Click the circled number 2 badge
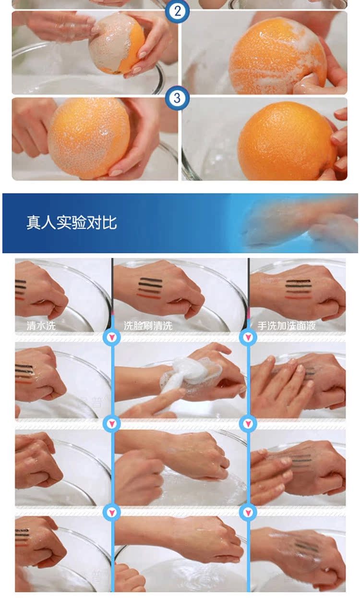click(177, 12)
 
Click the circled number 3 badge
click(177, 98)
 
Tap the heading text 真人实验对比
click(72, 223)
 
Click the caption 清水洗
click(41, 326)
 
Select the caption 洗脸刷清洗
click(148, 326)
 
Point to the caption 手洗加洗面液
click(287, 326)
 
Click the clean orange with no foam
click(287, 141)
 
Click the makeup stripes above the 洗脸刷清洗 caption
click(150, 288)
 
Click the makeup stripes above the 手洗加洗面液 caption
click(298, 289)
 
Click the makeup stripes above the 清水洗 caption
click(21, 289)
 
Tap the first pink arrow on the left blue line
click(112, 337)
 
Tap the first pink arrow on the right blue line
click(248, 337)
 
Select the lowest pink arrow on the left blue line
click(112, 512)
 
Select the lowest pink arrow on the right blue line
click(248, 512)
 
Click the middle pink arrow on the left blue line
click(112, 424)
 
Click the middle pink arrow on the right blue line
click(248, 424)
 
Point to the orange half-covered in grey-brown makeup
click(117, 44)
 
